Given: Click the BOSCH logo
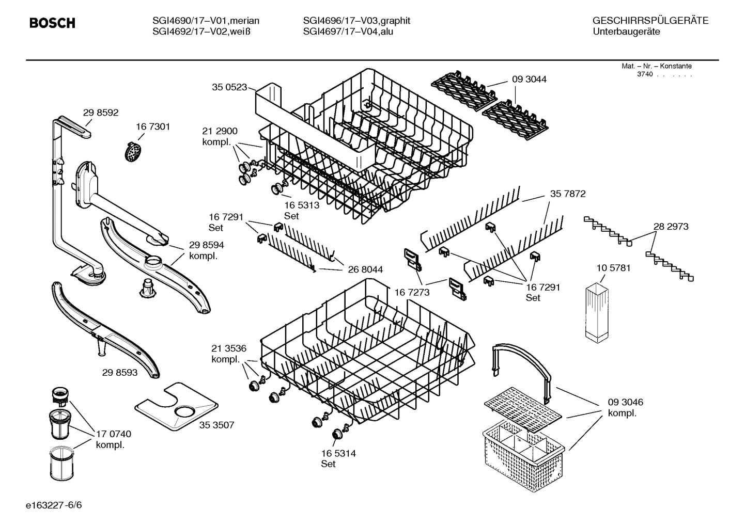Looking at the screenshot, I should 52,23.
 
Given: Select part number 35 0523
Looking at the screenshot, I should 229,87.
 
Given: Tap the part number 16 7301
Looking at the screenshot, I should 153,126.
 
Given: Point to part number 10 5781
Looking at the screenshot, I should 613,268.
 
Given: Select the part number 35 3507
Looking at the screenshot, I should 216,425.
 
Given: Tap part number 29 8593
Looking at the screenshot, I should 120,372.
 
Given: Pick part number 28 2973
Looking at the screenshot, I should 671,226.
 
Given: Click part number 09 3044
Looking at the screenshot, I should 529,79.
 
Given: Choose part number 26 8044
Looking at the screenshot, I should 365,269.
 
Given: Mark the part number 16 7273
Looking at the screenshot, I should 412,293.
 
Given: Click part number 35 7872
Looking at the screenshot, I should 568,194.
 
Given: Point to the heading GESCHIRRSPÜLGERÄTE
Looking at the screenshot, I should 650,21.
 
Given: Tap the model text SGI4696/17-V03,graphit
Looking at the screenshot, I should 356,21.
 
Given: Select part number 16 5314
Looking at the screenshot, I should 338,453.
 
